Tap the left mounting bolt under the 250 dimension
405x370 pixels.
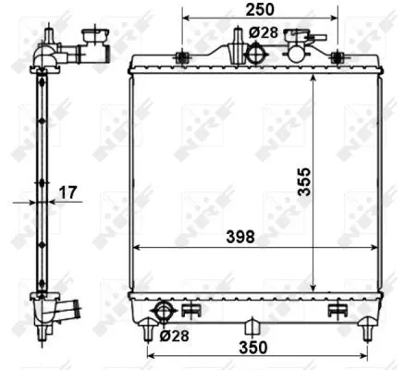[183, 57]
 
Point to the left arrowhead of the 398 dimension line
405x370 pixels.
[139, 248]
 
